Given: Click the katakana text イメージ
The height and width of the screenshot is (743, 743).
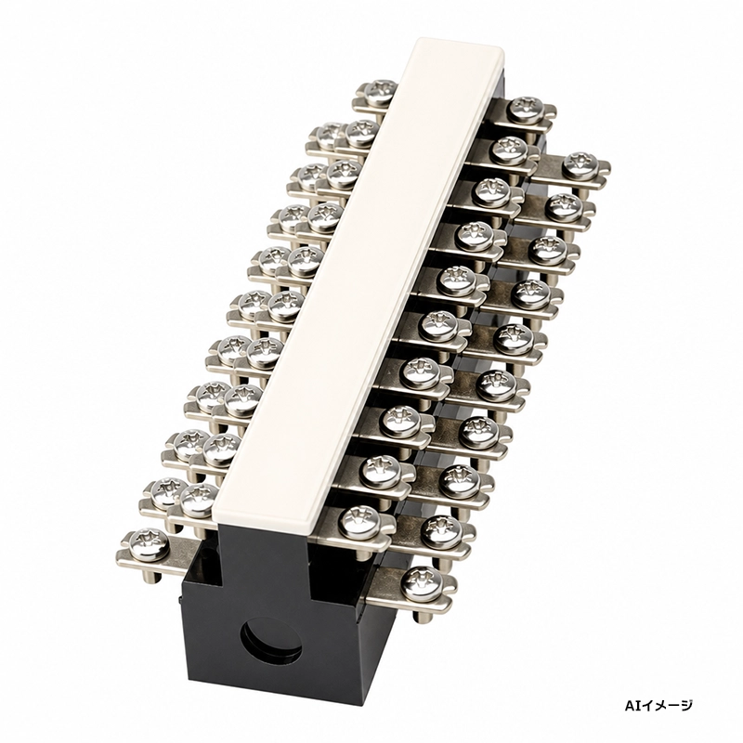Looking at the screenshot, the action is [x=662, y=706].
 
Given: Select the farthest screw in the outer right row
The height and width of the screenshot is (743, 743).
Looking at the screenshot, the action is [x=580, y=165].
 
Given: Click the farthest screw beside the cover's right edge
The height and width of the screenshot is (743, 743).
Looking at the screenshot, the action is [x=524, y=110].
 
